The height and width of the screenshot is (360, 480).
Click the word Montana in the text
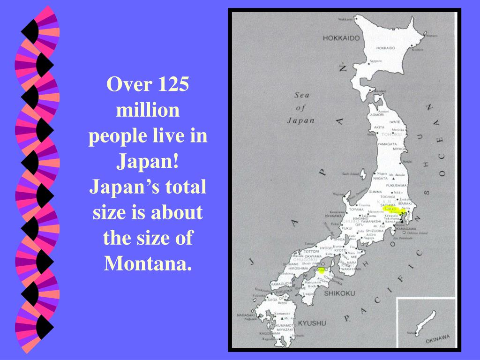[148, 263]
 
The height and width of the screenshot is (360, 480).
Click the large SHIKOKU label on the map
[339, 293]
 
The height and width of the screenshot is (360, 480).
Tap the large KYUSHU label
[312, 323]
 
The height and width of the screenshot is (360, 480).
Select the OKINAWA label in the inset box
[437, 338]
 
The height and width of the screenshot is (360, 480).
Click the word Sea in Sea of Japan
[302, 95]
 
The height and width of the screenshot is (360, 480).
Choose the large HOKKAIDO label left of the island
[341, 38]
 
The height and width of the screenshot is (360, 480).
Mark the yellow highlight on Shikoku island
[322, 270]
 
